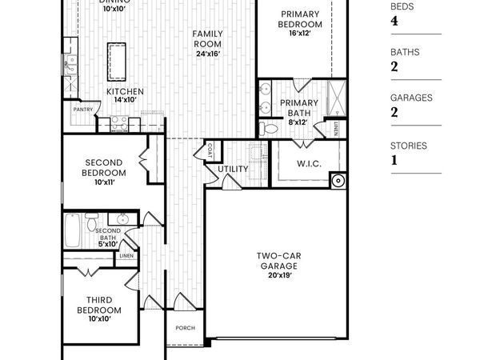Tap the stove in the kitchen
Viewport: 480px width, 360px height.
pyautogui.click(x=119, y=122)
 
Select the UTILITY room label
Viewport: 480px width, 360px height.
pyautogui.click(x=233, y=169)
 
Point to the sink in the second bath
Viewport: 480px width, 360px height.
pyautogui.click(x=123, y=220)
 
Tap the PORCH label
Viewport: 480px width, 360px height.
pyautogui.click(x=186, y=326)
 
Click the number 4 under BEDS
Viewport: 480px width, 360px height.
pyautogui.click(x=394, y=21)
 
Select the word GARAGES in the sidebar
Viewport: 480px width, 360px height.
pyautogui.click(x=412, y=98)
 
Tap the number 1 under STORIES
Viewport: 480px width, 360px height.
pyautogui.click(x=394, y=159)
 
